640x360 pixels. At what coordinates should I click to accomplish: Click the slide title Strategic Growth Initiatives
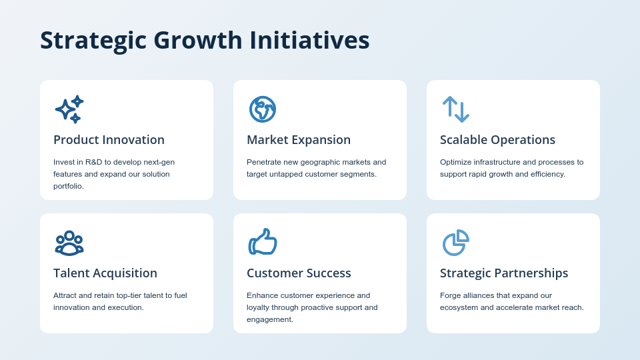click(x=205, y=40)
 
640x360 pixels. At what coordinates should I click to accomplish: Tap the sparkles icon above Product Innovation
click(x=69, y=109)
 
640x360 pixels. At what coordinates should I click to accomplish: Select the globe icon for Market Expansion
click(x=263, y=109)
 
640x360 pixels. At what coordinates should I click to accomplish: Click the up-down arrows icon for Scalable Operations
click(x=456, y=109)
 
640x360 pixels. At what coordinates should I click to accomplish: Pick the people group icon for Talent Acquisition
click(x=69, y=243)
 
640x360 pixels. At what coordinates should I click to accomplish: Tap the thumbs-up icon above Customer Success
click(x=263, y=242)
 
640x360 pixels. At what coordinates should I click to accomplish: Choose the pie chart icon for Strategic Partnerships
click(x=456, y=243)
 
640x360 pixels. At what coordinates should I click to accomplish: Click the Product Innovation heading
click(x=109, y=140)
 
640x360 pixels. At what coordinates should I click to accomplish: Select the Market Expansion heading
click(x=299, y=140)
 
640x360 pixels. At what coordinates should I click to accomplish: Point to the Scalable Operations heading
click(x=497, y=140)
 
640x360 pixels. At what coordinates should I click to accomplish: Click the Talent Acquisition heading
click(x=105, y=273)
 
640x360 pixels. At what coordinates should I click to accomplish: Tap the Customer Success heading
click(x=299, y=273)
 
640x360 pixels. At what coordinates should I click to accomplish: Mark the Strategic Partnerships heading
click(x=504, y=273)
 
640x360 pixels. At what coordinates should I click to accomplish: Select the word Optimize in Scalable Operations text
click(x=456, y=162)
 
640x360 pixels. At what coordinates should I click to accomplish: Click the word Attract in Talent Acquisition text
click(x=65, y=295)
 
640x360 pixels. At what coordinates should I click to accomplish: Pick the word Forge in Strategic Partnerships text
click(x=451, y=295)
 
